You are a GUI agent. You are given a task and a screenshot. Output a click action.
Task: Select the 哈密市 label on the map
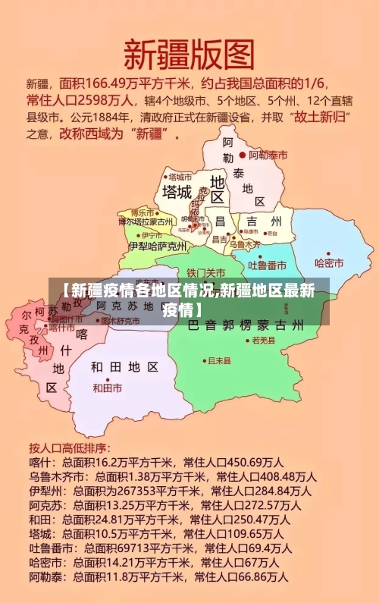[x=329, y=263]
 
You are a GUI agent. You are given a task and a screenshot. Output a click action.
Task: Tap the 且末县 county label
[x=219, y=361]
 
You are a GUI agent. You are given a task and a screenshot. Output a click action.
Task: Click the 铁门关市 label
[x=205, y=272]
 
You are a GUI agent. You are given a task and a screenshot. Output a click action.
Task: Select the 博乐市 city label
[x=142, y=212]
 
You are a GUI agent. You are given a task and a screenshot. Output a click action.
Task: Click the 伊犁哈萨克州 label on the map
[x=158, y=246]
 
